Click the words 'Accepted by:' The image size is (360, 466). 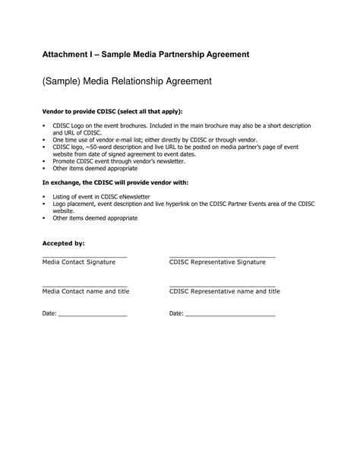coord(62,243)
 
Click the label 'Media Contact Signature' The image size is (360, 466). coord(78,262)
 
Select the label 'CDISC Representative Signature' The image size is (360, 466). coord(217,262)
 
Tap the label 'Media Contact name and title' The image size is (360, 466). coord(85,292)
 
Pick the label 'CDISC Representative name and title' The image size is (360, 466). coord(225,292)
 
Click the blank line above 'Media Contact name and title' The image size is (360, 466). coord(84,286)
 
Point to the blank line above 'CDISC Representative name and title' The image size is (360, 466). coord(222,286)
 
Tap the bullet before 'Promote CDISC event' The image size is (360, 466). coord(43,162)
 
